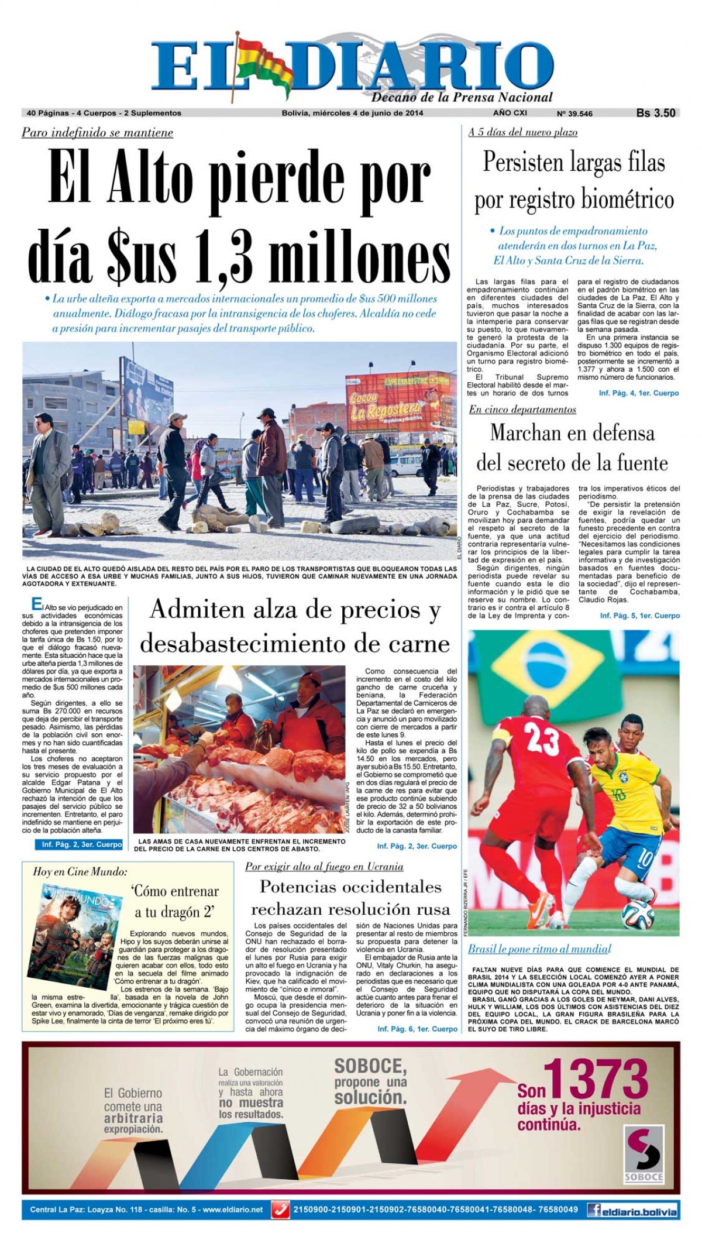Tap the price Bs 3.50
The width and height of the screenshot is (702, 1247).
(x=656, y=113)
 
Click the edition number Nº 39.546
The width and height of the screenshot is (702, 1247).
(x=574, y=114)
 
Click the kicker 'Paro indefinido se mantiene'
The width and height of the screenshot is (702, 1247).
(x=97, y=133)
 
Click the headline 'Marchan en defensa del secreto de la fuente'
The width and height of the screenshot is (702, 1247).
(x=572, y=448)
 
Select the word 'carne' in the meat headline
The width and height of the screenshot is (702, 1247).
(x=420, y=644)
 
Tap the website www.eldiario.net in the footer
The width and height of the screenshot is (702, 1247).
(x=233, y=1210)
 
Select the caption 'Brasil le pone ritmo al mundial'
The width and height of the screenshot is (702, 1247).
(x=539, y=949)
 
